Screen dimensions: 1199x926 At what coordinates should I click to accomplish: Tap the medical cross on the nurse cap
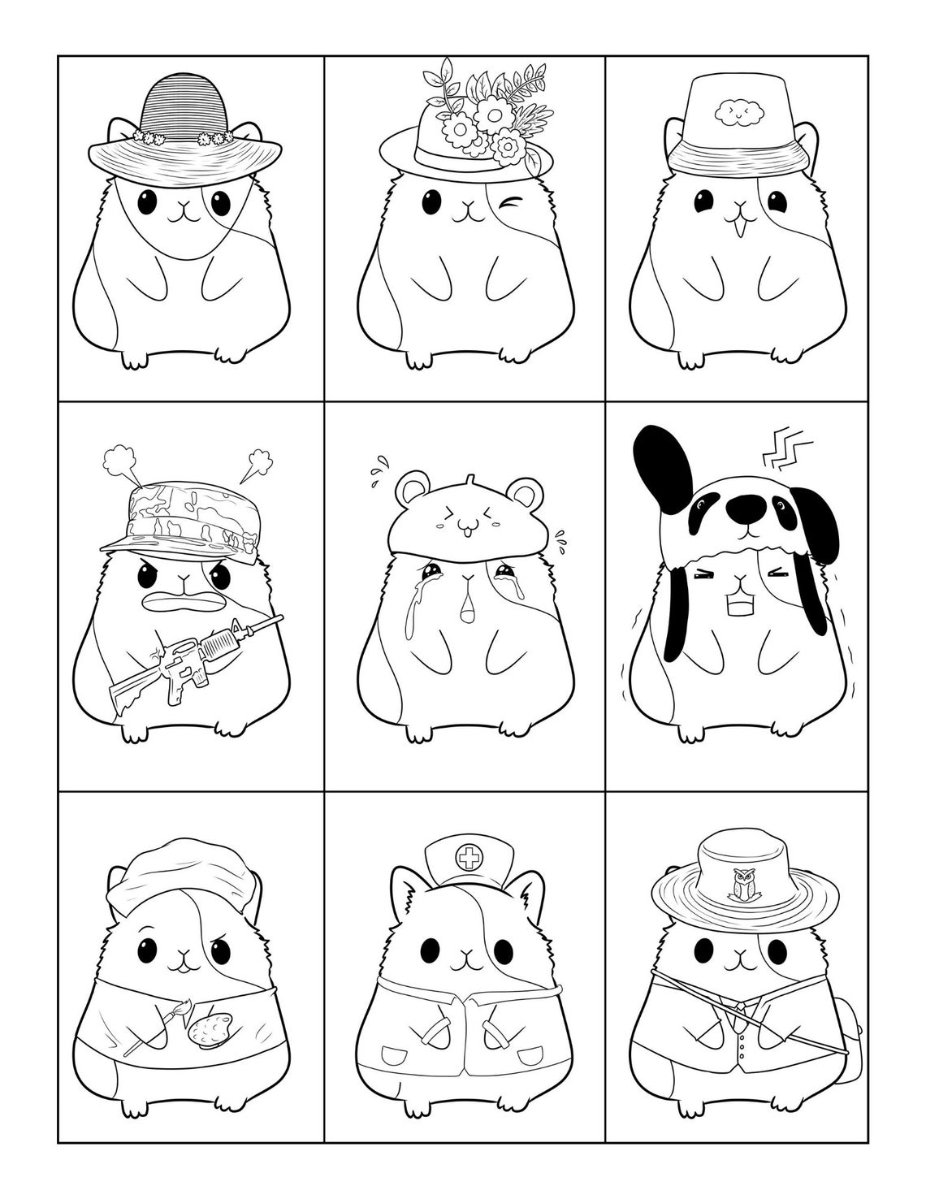pyautogui.click(x=468, y=857)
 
